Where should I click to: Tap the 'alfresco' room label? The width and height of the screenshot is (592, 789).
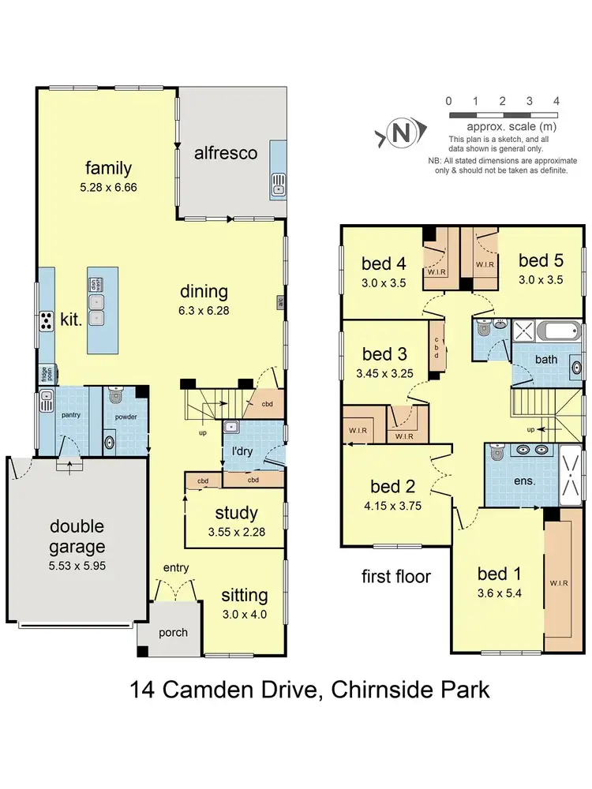pos(226,153)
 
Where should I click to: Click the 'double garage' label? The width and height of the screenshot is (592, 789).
pos(77,536)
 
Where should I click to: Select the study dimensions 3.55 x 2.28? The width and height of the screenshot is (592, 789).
pos(236,532)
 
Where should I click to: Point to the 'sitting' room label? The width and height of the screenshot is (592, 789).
pos(245,595)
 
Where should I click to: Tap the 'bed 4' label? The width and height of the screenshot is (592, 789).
pos(384,263)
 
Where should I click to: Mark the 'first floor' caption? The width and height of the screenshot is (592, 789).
pos(395,576)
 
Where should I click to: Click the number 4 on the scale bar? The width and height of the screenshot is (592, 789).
pos(556,101)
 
